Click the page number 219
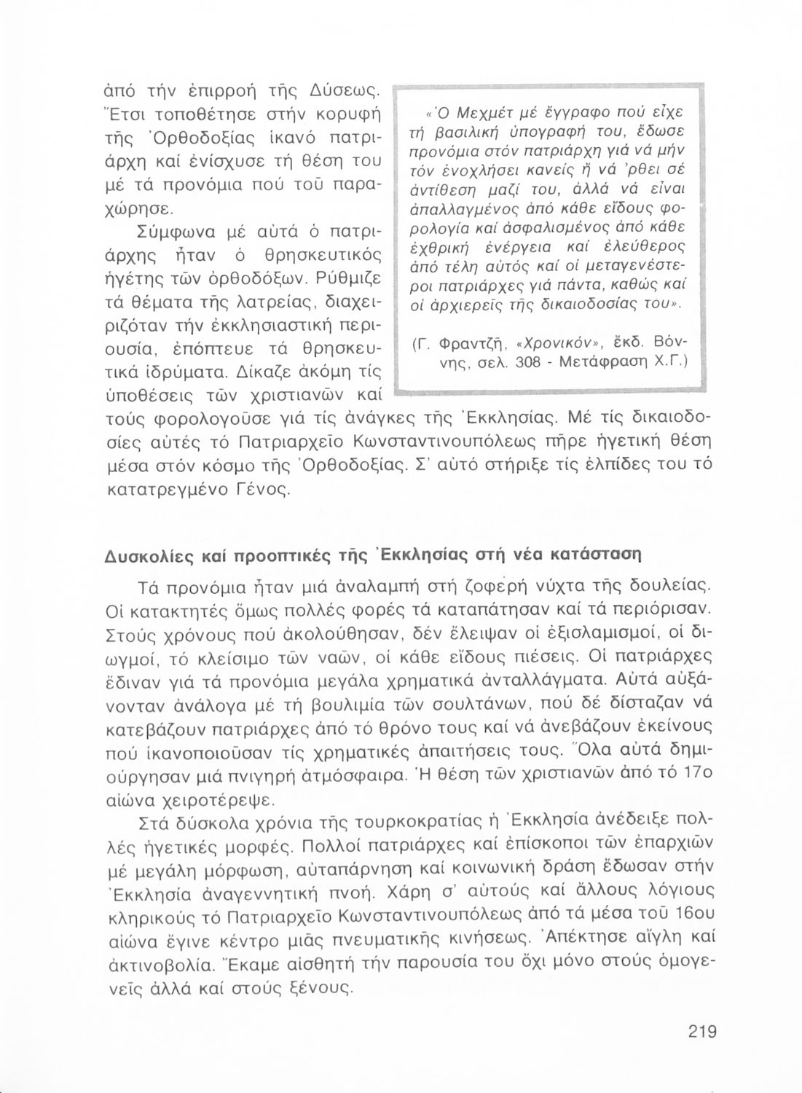click(701, 1031)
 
